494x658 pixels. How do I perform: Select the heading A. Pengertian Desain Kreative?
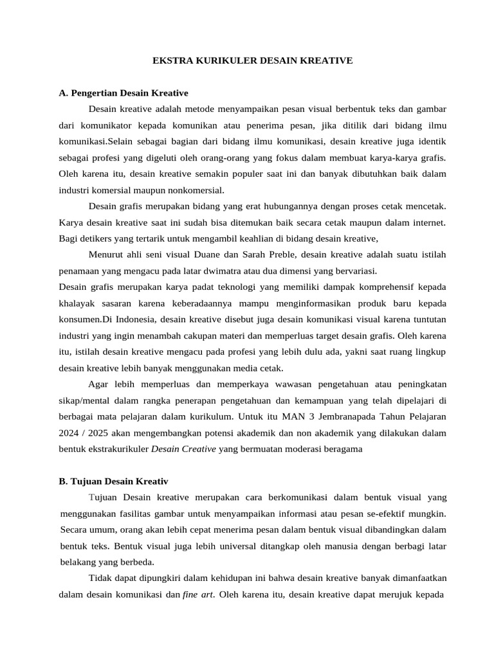point(123,93)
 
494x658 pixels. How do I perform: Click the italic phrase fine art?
point(198,595)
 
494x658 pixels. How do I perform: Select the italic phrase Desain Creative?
point(183,449)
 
